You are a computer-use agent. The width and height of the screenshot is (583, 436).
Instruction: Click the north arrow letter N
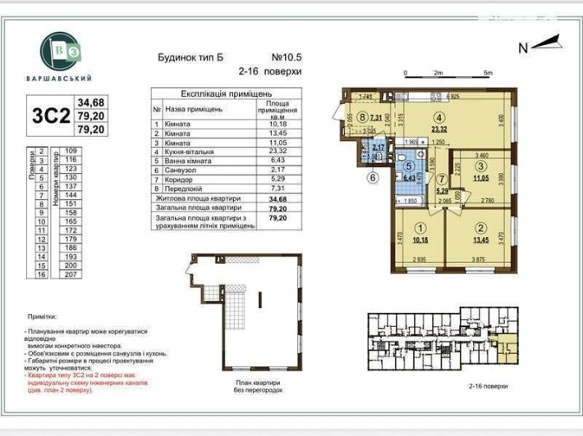pyautogui.click(x=522, y=48)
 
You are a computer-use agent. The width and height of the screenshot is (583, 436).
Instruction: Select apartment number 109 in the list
pyautogui.click(x=71, y=151)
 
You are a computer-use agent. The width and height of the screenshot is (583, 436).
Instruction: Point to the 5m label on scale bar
pyautogui.click(x=488, y=73)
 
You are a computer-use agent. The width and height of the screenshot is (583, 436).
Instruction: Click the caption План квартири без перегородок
pyautogui.click(x=255, y=387)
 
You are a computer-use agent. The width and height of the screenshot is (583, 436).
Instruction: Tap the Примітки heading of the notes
pyautogui.click(x=41, y=316)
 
